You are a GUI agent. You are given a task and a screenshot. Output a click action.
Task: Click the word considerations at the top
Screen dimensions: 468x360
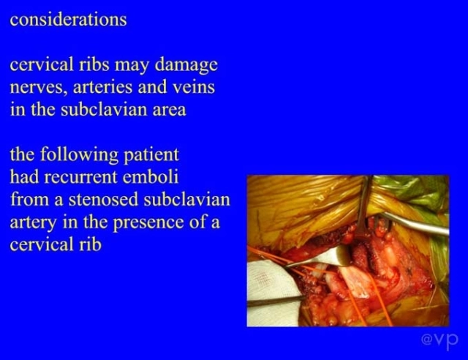[x=68, y=20]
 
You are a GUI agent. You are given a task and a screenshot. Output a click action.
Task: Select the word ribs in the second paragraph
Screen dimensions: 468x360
[x=94, y=64]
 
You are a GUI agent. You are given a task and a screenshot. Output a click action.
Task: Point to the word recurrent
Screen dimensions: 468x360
[x=80, y=178]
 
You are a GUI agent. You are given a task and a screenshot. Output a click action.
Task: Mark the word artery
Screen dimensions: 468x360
[x=32, y=223]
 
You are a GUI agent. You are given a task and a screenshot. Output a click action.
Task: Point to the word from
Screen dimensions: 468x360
[x=29, y=200]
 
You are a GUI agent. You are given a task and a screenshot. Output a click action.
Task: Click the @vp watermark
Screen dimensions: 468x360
[x=439, y=340]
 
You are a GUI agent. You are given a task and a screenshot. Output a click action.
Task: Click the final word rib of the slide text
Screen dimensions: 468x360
[x=90, y=244]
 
